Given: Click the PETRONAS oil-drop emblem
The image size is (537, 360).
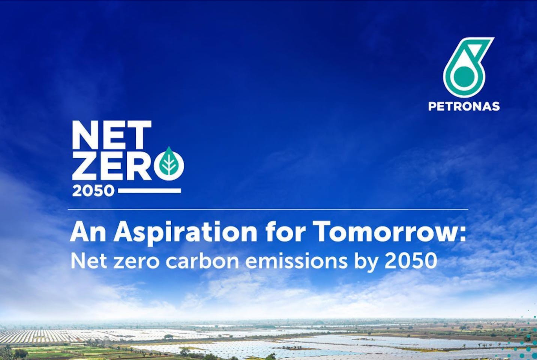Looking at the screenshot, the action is (x=467, y=67).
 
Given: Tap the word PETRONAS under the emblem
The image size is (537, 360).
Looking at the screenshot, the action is (x=464, y=106).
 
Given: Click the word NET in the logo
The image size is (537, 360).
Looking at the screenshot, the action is (x=112, y=135).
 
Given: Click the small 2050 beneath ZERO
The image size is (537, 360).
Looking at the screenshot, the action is (x=93, y=191).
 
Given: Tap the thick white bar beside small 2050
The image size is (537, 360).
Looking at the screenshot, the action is (x=150, y=190).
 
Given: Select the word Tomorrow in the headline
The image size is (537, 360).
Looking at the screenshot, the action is (x=384, y=232).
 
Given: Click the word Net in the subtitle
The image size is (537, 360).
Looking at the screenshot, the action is (x=88, y=261).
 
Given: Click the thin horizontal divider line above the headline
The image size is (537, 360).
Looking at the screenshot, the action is (x=268, y=209).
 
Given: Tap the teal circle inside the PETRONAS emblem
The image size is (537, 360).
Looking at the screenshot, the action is (x=464, y=75).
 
